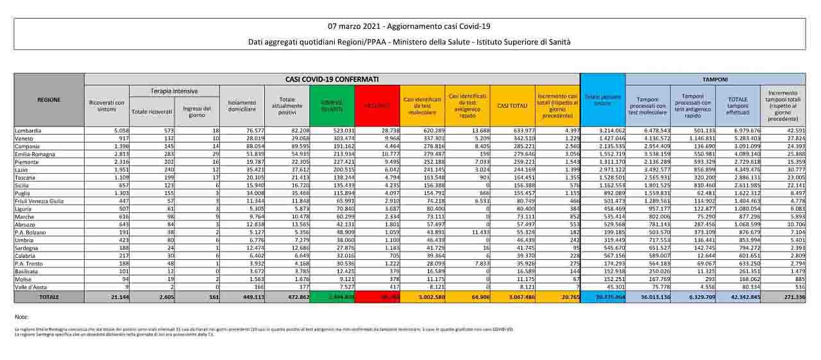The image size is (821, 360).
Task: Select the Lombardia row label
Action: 30,130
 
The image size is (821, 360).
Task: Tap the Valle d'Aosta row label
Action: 32,288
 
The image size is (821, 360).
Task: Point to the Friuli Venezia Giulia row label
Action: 40,201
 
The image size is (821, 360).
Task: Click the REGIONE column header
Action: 49,99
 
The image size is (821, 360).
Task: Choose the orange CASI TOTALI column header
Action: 512,105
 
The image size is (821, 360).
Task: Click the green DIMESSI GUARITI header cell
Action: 332,105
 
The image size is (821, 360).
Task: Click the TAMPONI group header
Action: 715,79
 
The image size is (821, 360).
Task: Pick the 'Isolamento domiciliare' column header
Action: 242,105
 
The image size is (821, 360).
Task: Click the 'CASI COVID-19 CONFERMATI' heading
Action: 332,79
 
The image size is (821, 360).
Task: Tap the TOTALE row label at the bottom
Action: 49,297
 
